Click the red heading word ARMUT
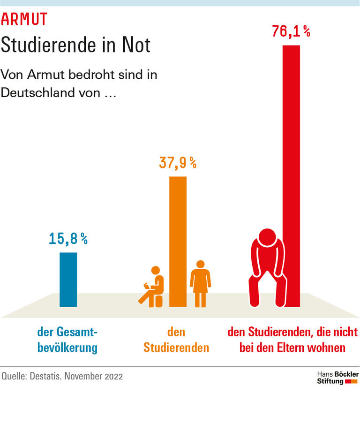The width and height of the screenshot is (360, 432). [x=24, y=19]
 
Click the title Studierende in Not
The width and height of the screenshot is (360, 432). [x=75, y=45]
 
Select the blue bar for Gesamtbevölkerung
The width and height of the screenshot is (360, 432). [x=68, y=280]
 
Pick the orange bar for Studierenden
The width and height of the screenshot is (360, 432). [x=178, y=242]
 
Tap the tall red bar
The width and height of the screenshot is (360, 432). [x=291, y=176]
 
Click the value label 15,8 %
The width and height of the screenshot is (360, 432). [x=68, y=239]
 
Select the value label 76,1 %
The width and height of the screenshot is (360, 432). [x=291, y=31]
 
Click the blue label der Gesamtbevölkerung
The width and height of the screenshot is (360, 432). [x=67, y=340]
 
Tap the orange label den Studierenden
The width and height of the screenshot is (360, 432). [x=176, y=340]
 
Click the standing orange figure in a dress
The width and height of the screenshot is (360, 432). [x=201, y=283]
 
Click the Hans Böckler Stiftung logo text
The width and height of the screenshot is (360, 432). [x=337, y=378]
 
